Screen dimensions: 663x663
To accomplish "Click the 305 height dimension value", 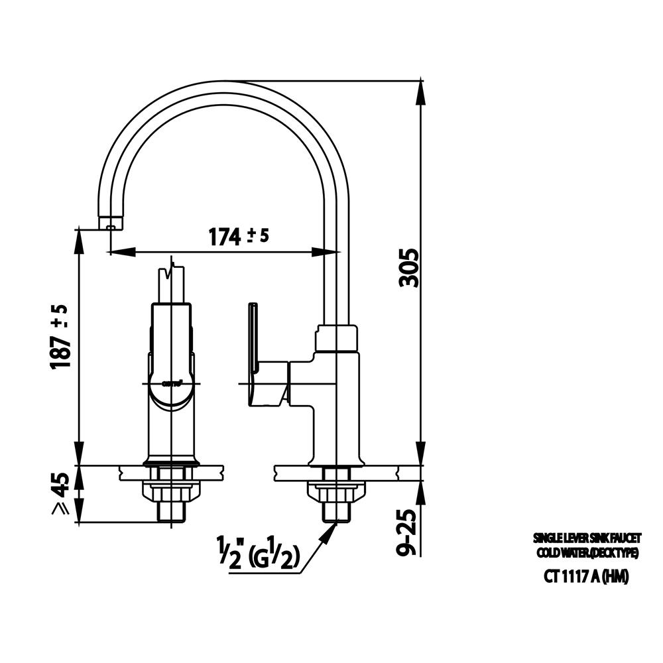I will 411,268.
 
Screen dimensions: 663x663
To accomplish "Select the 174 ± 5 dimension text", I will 239,236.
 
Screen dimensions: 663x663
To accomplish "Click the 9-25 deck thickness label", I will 410,531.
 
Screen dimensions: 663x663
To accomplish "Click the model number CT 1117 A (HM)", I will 585,577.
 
